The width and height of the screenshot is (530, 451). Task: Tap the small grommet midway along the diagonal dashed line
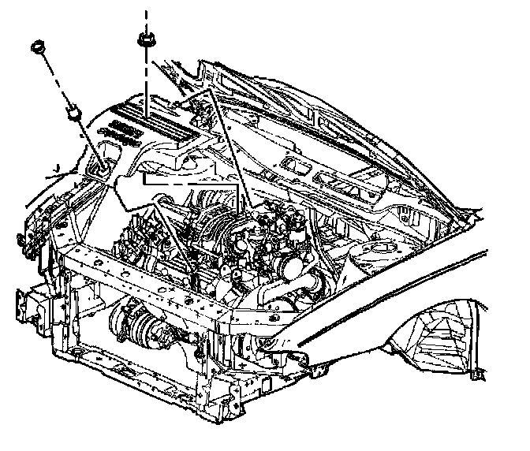click(73, 112)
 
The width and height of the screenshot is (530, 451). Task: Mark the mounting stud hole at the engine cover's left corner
click(100, 165)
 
